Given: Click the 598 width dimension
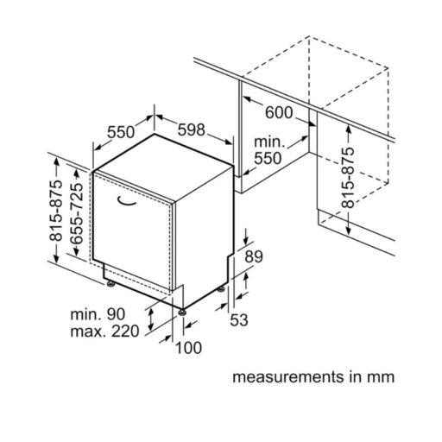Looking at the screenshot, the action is (x=192, y=129).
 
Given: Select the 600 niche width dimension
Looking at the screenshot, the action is (x=279, y=112).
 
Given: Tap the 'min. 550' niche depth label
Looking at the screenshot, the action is (x=268, y=150).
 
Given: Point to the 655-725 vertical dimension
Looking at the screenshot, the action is (x=77, y=213).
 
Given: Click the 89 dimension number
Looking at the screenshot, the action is (x=254, y=256).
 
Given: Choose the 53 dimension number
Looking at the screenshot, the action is (x=239, y=319).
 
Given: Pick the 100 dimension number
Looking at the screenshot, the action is (x=188, y=347).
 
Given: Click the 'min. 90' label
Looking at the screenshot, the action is (x=98, y=314).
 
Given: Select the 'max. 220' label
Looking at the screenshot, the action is (x=104, y=331).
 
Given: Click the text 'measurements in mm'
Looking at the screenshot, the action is (x=313, y=376).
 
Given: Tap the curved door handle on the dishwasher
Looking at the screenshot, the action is (x=126, y=202).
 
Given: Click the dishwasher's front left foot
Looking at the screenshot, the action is (x=110, y=284).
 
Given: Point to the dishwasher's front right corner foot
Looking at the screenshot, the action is (x=182, y=312).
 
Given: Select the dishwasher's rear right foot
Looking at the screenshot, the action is (x=221, y=289).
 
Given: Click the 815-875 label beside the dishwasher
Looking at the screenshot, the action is (x=55, y=211).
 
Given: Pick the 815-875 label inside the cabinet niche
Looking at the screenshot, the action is (x=348, y=178).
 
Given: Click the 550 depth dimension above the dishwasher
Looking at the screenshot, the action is (x=121, y=132).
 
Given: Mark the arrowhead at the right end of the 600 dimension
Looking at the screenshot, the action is (x=313, y=123).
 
